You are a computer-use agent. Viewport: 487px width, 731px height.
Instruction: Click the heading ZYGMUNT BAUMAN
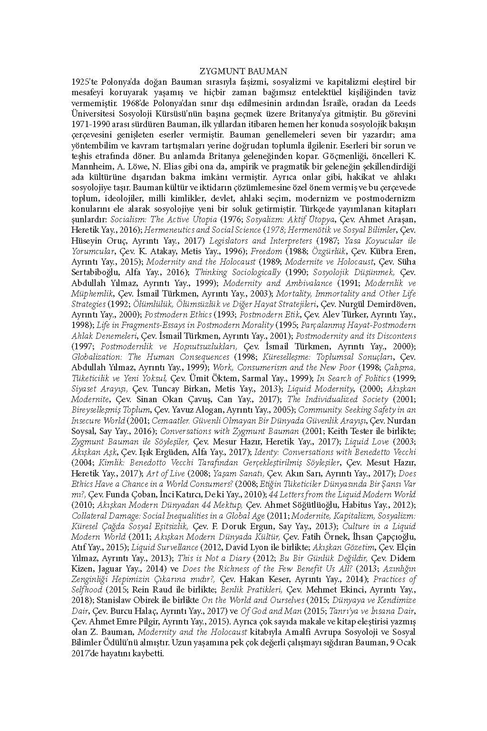pos(243,71)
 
